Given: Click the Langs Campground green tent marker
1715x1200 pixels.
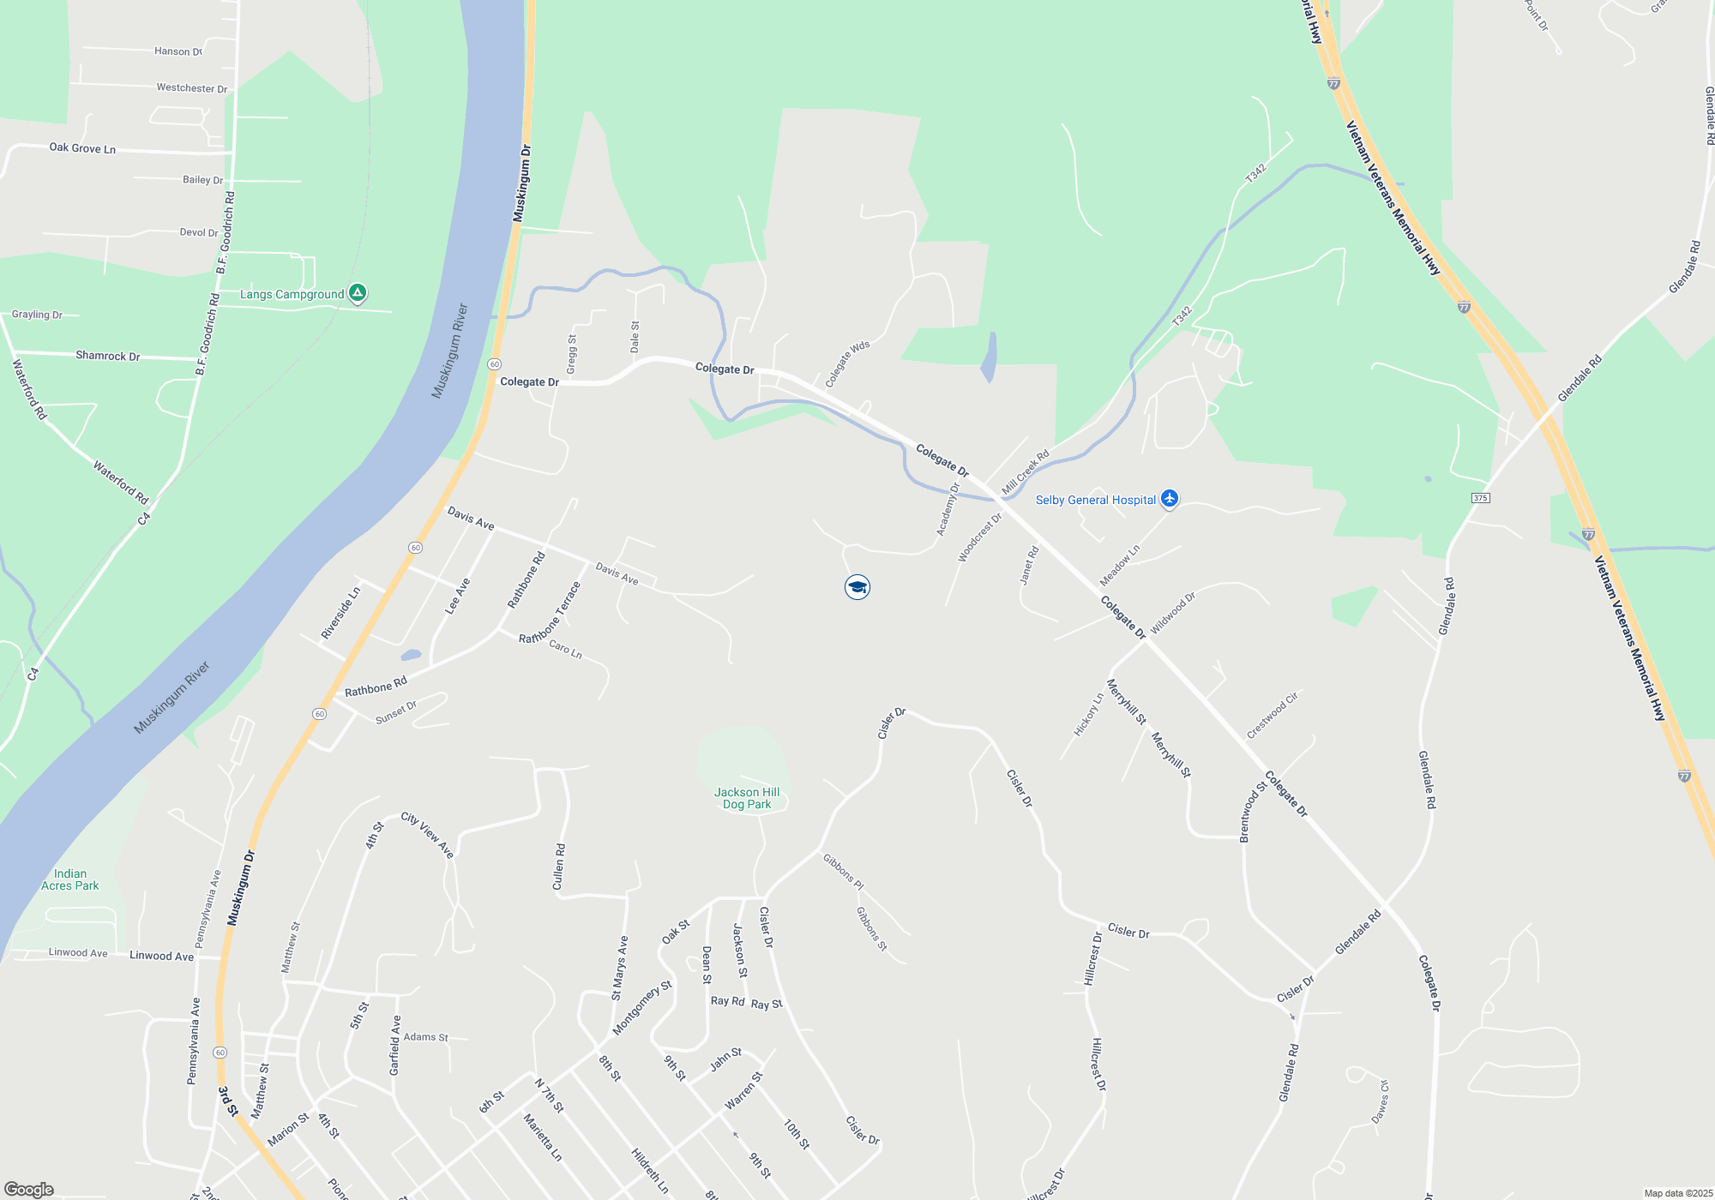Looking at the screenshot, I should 358,293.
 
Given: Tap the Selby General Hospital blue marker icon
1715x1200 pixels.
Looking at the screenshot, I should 1170,499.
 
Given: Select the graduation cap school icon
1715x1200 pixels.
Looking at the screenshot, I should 857,587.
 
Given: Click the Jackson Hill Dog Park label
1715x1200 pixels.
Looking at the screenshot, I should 747,798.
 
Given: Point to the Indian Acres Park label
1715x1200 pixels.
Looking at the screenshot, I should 70,879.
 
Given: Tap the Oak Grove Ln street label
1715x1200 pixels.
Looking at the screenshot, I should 82,148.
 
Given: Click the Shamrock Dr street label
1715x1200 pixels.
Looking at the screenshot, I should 108,356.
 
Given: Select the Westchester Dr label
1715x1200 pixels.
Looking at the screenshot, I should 192,88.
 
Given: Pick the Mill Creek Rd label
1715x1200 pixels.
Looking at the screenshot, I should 1026,471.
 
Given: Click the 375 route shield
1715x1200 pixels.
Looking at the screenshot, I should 1480,498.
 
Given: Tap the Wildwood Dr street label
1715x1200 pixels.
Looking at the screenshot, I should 1172,613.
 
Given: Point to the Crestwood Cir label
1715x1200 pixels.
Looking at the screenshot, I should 1273,715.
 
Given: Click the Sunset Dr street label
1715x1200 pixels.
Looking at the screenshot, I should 396,712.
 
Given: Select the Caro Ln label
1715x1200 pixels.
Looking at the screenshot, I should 565,649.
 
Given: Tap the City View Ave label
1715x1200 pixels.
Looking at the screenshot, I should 427,834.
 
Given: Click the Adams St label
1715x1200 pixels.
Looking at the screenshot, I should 426,1037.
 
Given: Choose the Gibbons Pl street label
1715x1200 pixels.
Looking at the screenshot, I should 844,872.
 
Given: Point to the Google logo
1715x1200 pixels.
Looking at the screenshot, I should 28,1190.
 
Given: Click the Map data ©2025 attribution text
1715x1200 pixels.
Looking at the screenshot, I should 1678,1193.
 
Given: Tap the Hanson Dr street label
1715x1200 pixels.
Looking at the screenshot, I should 178,51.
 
